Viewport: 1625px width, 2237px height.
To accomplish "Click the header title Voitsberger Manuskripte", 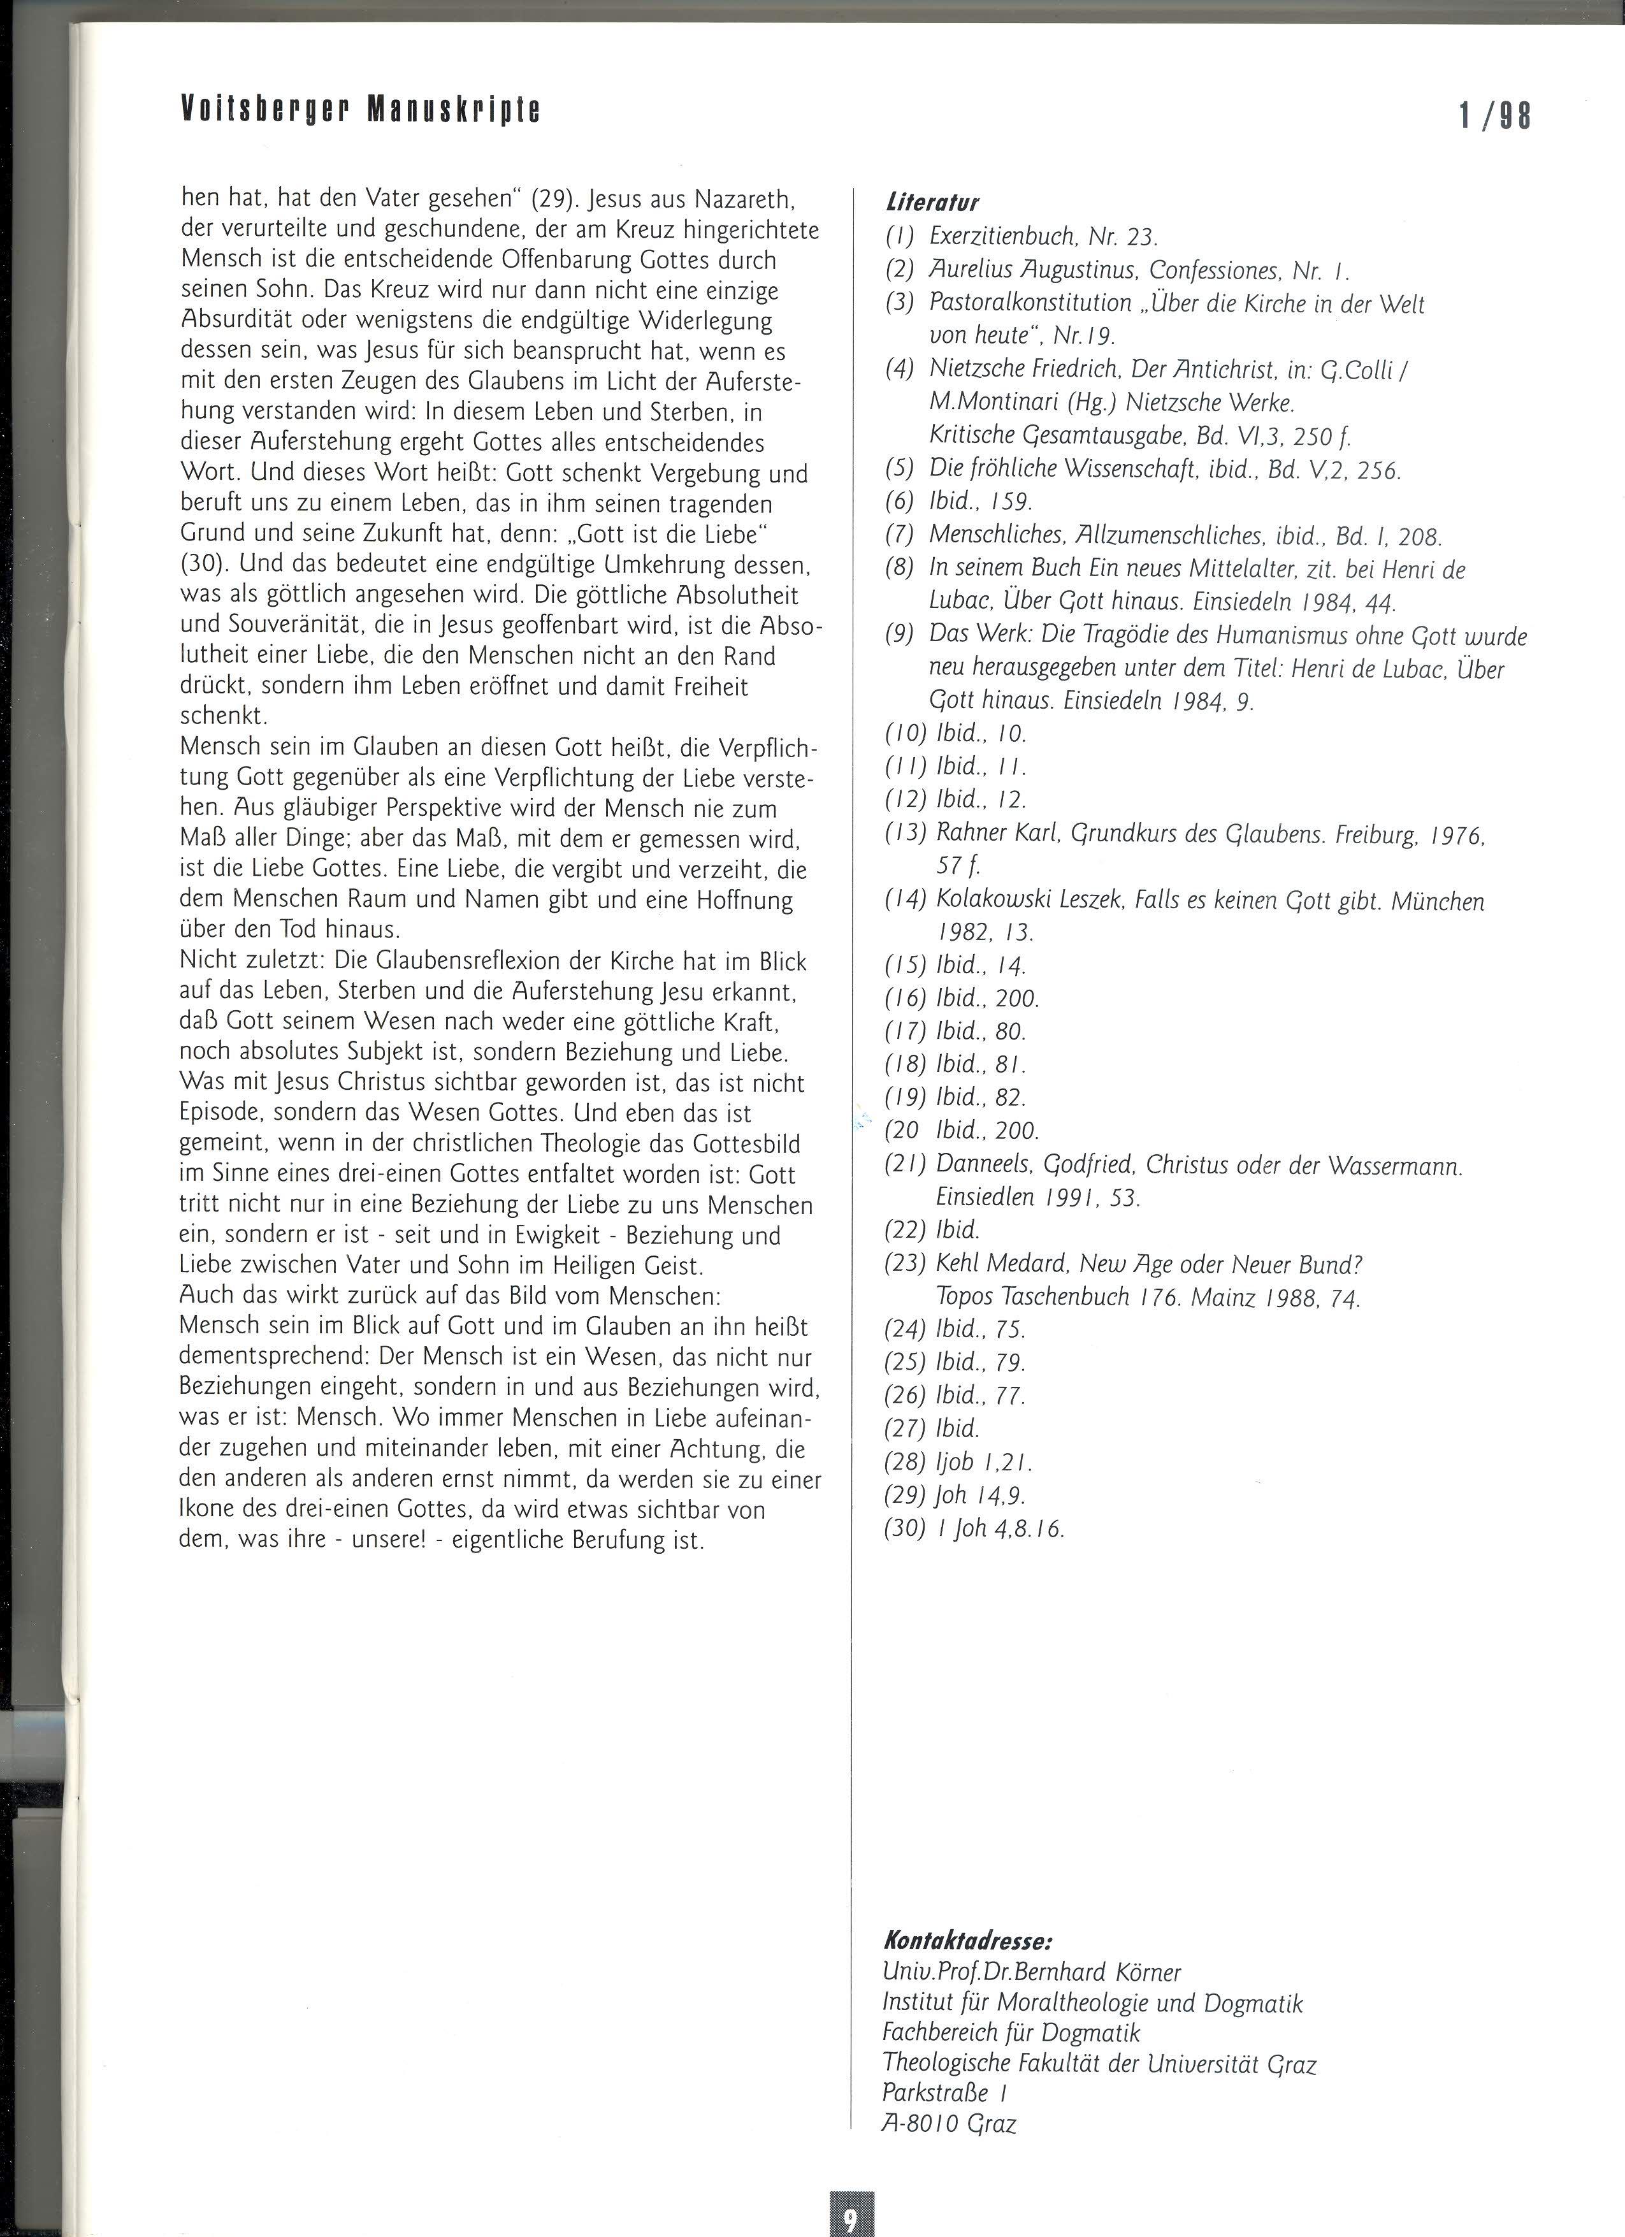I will pyautogui.click(x=360, y=110).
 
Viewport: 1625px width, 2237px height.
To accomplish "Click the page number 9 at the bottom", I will pyautogui.click(x=850, y=2217).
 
